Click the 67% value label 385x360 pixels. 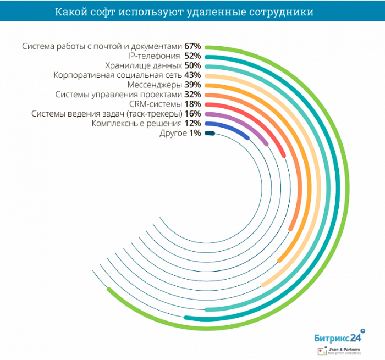[191, 46]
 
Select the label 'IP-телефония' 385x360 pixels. [157, 56]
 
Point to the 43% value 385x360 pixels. [193, 75]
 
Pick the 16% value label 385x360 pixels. [193, 114]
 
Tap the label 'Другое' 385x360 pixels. [173, 133]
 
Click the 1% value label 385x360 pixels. [195, 133]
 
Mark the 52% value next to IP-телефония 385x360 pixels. [193, 56]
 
